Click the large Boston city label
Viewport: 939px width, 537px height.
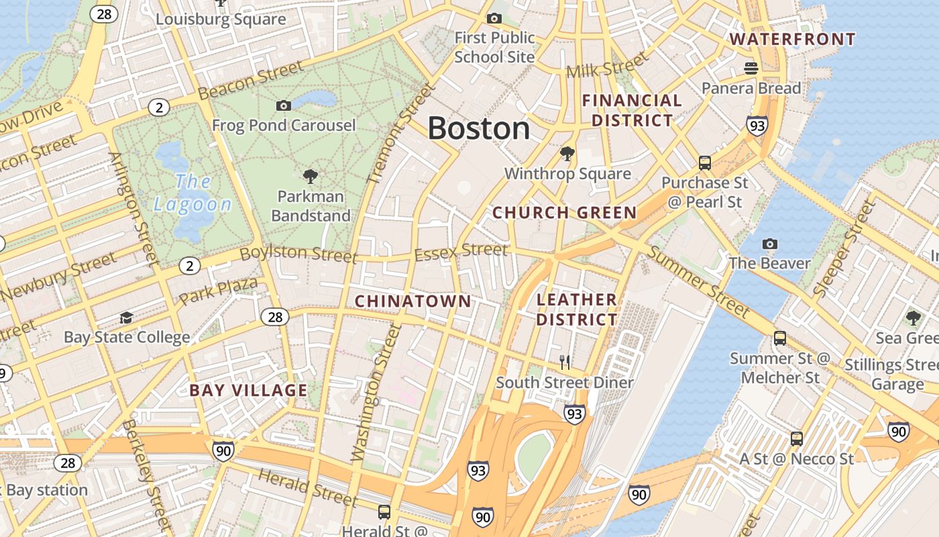[x=478, y=128]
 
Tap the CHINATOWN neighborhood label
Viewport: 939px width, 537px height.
[x=412, y=301]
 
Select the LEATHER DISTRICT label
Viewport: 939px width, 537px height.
[x=576, y=309]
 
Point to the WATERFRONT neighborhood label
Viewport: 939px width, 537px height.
[x=792, y=39]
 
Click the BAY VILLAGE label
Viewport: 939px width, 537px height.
[x=248, y=391]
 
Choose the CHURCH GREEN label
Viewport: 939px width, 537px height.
[x=564, y=213]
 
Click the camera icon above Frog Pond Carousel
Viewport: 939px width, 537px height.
[x=284, y=105]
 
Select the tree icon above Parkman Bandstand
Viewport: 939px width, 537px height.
[x=310, y=177]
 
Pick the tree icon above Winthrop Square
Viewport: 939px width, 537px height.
[x=567, y=154]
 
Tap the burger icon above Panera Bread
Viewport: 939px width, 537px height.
[x=751, y=68]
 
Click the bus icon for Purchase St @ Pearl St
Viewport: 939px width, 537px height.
[x=704, y=162]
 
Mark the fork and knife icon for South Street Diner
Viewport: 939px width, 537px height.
[x=565, y=362]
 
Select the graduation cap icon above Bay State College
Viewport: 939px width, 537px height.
[x=126, y=317]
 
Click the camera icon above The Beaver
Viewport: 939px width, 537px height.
[x=770, y=244]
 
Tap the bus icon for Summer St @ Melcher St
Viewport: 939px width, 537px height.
[x=779, y=338]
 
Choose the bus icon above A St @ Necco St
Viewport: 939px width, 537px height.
[x=796, y=439]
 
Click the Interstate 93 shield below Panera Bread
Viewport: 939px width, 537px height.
[x=757, y=125]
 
